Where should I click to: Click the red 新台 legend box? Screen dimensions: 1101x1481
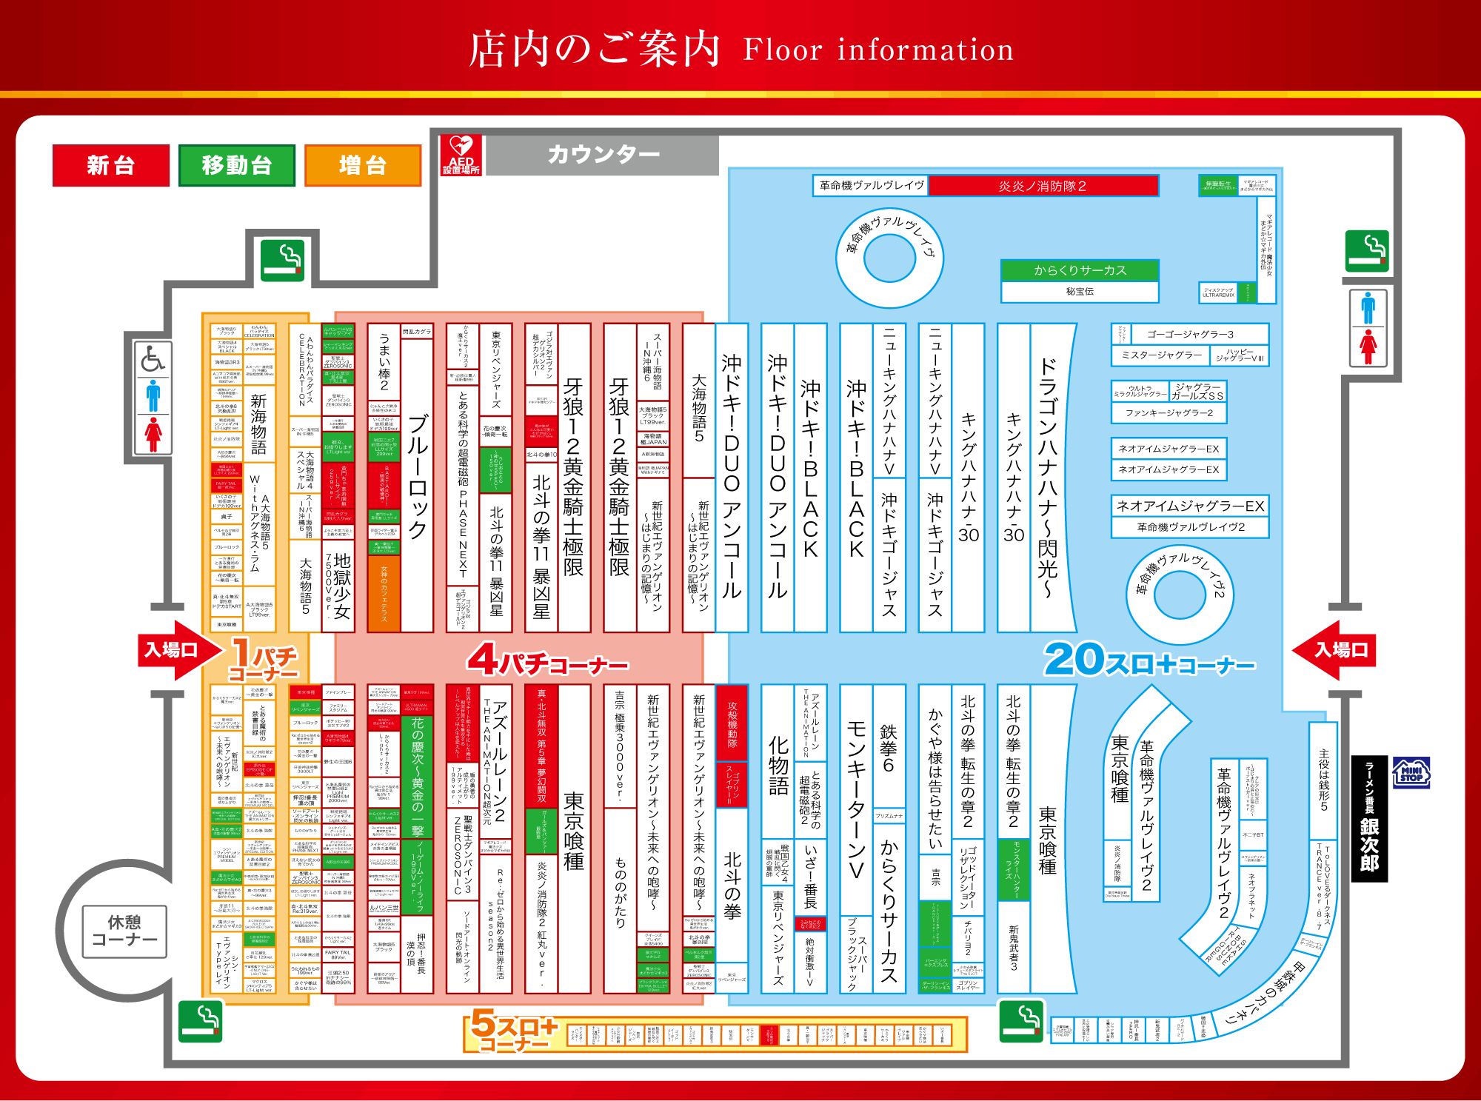click(x=111, y=165)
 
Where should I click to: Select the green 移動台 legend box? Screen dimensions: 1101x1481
click(x=237, y=165)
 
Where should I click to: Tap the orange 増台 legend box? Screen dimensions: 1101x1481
click(x=363, y=165)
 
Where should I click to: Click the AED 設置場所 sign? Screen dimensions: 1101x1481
click(x=461, y=155)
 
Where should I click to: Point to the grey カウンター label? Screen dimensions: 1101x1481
click(x=603, y=155)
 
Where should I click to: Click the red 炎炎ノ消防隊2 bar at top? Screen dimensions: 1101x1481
click(x=1043, y=186)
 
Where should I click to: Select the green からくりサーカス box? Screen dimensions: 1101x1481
click(x=1080, y=270)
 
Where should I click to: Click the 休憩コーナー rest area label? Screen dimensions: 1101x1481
click(x=124, y=931)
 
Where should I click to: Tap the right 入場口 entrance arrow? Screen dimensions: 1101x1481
click(x=1337, y=650)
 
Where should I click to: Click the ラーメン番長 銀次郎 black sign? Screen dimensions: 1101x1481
click(x=1369, y=818)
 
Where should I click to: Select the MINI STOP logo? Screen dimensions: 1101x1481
click(x=1411, y=773)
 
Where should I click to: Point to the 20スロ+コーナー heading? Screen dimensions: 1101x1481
click(x=1148, y=660)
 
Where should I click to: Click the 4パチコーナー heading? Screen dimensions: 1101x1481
click(x=548, y=660)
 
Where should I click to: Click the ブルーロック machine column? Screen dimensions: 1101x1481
click(x=417, y=478)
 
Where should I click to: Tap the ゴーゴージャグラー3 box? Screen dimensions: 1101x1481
click(x=1189, y=334)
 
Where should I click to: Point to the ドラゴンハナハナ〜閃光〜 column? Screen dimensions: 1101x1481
click(x=1049, y=478)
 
